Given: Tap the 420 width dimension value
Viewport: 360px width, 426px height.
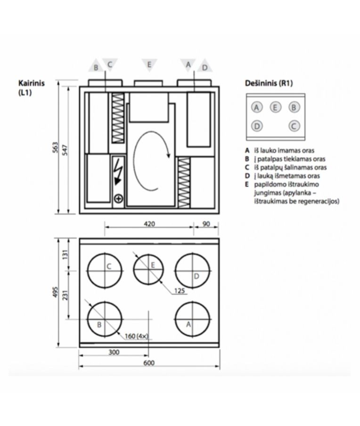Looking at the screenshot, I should [149, 224].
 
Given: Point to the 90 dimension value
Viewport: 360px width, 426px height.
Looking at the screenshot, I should [206, 224].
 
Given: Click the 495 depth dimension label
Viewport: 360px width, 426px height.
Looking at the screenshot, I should [55, 291].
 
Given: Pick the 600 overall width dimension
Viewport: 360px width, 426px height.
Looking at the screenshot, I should [149, 363].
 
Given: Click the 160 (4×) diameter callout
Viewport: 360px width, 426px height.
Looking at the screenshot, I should [137, 336].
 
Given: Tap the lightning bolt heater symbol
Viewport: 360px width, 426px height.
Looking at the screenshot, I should [118, 175].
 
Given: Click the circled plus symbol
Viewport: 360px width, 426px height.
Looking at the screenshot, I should [118, 199].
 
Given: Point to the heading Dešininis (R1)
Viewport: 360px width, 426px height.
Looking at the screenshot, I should [269, 83].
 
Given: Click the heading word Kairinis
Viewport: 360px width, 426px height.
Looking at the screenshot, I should [31, 83].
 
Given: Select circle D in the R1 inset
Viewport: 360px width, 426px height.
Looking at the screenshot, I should [257, 126].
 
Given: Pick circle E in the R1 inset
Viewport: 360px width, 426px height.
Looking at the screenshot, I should [275, 107].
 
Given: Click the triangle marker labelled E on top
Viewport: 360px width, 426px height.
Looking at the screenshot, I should [149, 64].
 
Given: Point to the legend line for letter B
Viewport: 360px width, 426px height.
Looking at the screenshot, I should [287, 159].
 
